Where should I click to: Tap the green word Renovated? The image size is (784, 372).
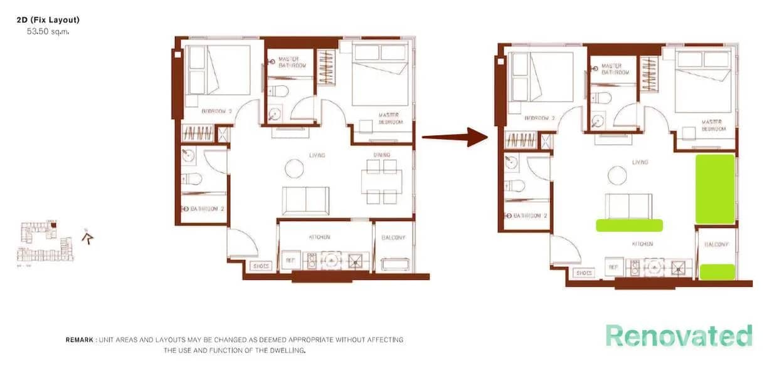click(679, 336)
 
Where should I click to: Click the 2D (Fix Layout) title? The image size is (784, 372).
click(48, 20)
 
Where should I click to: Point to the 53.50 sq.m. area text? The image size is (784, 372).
click(48, 31)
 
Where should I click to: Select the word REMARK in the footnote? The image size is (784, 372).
click(80, 340)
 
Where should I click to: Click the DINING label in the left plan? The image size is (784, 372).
click(381, 155)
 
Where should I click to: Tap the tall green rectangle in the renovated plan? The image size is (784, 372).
click(715, 189)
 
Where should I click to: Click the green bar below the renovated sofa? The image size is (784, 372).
click(629, 225)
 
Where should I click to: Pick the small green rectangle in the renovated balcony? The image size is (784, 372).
click(717, 272)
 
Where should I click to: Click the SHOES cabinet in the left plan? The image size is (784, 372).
click(260, 266)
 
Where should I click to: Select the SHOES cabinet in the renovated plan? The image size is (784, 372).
click(583, 273)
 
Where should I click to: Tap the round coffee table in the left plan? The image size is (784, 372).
click(295, 168)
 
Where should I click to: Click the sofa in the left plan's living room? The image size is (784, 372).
click(305, 200)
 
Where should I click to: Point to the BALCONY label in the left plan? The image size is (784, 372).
click(393, 238)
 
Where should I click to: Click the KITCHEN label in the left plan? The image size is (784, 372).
click(319, 237)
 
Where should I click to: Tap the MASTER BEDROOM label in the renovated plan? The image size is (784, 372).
click(712, 125)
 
